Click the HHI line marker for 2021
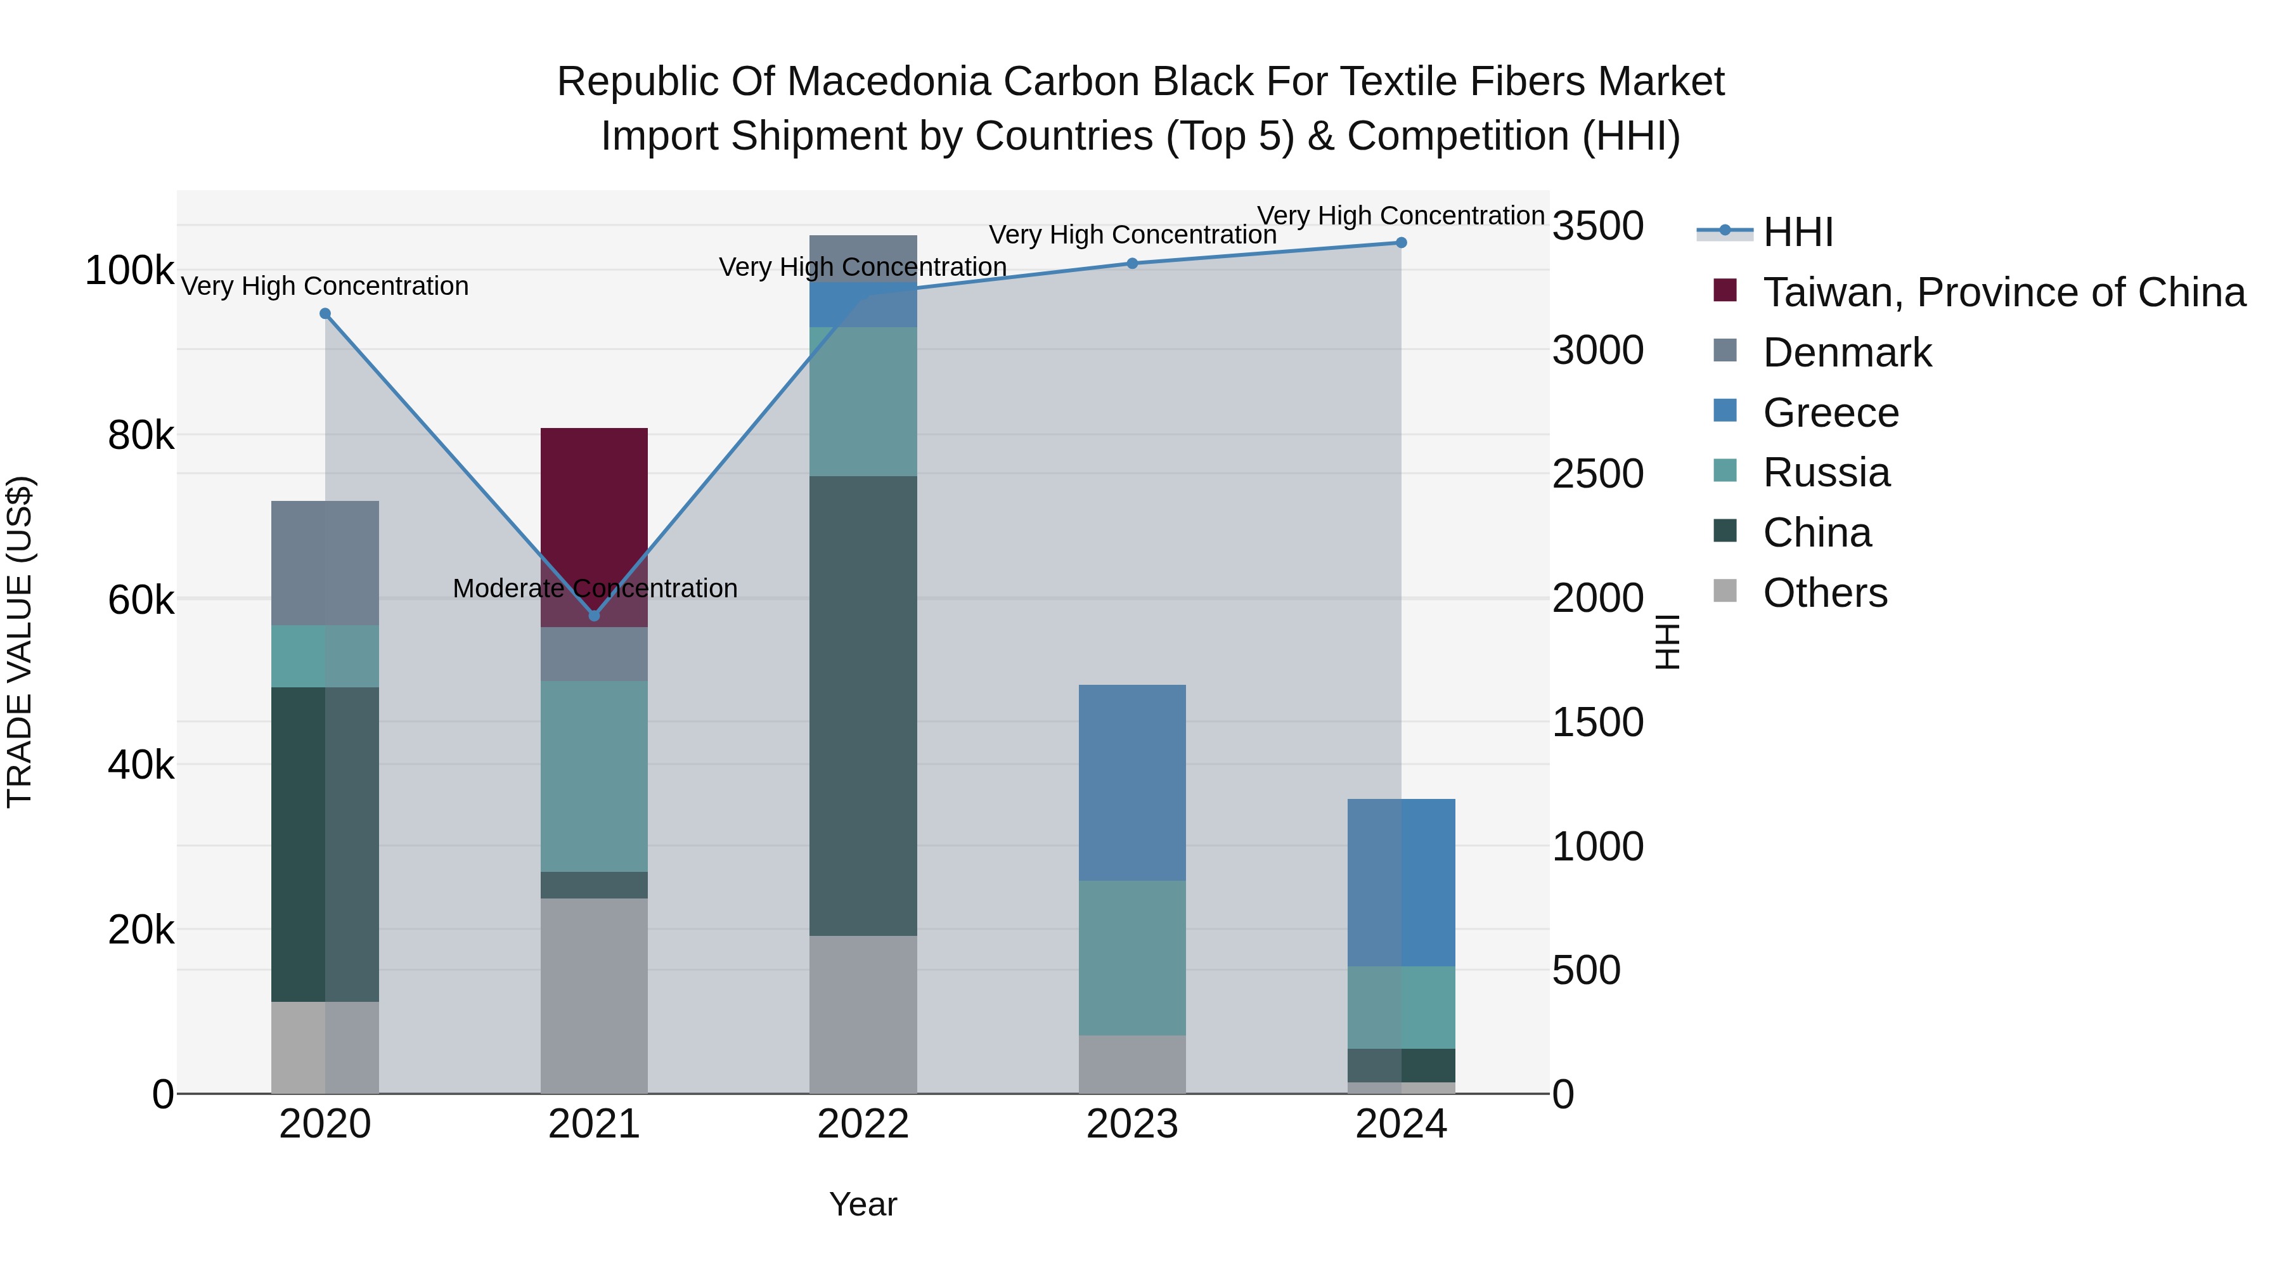pos(595,616)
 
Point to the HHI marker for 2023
pos(1132,263)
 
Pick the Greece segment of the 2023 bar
pos(1132,782)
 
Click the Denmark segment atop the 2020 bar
pos(325,562)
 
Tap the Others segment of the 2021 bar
pos(595,996)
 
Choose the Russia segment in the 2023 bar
pos(1132,958)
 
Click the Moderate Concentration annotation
pos(595,588)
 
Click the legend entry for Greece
pos(1830,413)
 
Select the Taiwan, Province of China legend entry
pos(2004,292)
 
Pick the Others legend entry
pos(1825,593)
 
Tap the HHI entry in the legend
pos(1798,232)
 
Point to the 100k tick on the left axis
pos(129,270)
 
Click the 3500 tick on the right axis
pos(1598,226)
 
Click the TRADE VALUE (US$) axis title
pos(20,642)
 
